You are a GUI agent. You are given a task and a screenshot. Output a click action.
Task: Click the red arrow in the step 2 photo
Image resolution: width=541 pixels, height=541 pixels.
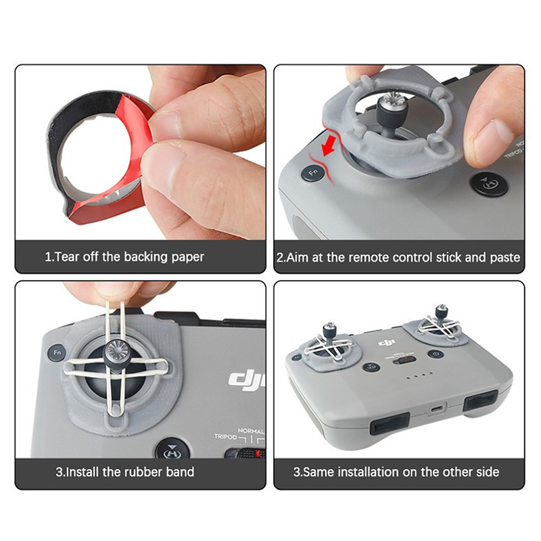(x=329, y=145)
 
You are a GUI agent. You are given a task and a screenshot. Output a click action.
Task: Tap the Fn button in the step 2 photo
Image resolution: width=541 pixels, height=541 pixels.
(x=313, y=172)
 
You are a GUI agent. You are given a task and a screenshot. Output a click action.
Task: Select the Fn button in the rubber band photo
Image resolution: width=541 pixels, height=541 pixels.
(x=57, y=352)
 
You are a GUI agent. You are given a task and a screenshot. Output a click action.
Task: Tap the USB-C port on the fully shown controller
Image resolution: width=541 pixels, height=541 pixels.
(x=436, y=409)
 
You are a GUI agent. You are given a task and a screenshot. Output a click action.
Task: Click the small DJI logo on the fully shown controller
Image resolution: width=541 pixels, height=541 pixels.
(x=386, y=343)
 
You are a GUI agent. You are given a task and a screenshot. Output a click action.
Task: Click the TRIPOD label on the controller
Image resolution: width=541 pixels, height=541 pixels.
(x=225, y=436)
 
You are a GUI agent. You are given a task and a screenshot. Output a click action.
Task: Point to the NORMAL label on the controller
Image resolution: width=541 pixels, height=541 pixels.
(x=251, y=431)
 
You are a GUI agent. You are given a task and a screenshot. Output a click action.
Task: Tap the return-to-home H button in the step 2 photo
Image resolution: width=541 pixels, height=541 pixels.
(x=490, y=184)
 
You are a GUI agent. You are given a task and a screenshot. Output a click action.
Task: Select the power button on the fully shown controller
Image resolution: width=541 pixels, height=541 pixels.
(x=436, y=354)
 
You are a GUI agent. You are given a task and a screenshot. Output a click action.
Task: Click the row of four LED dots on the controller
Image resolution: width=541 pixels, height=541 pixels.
(x=419, y=375)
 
